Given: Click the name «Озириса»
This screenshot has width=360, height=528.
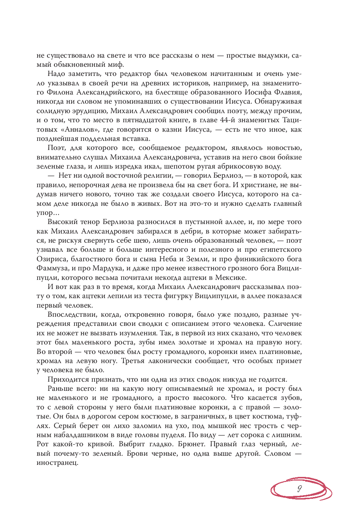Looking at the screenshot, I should pyautogui.click(x=51, y=259).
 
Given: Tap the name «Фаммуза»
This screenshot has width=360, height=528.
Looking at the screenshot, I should pyautogui.click(x=52, y=268).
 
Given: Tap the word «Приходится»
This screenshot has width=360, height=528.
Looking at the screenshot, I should pyautogui.click(x=66, y=379).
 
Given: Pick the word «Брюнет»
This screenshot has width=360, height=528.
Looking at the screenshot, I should pyautogui.click(x=195, y=444).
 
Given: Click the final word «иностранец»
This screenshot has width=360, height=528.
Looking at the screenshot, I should pyautogui.click(x=57, y=463).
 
